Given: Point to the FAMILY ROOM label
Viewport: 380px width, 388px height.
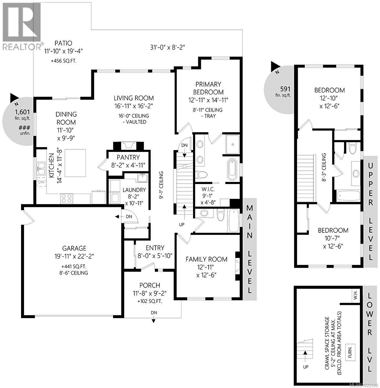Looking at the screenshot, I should point(206,259).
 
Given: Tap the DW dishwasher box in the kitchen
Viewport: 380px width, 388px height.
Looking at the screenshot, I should point(41,182).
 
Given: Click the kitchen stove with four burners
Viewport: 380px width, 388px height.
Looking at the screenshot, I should point(67,198).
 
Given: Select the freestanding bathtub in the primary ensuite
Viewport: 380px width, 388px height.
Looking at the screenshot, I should point(232,169).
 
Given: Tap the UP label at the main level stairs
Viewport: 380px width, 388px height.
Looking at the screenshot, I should point(182,224).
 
